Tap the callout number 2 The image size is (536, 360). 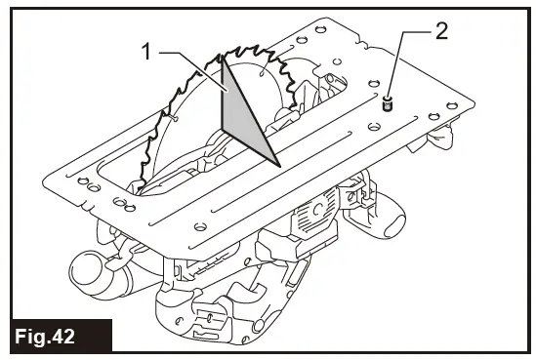tap(440, 30)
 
